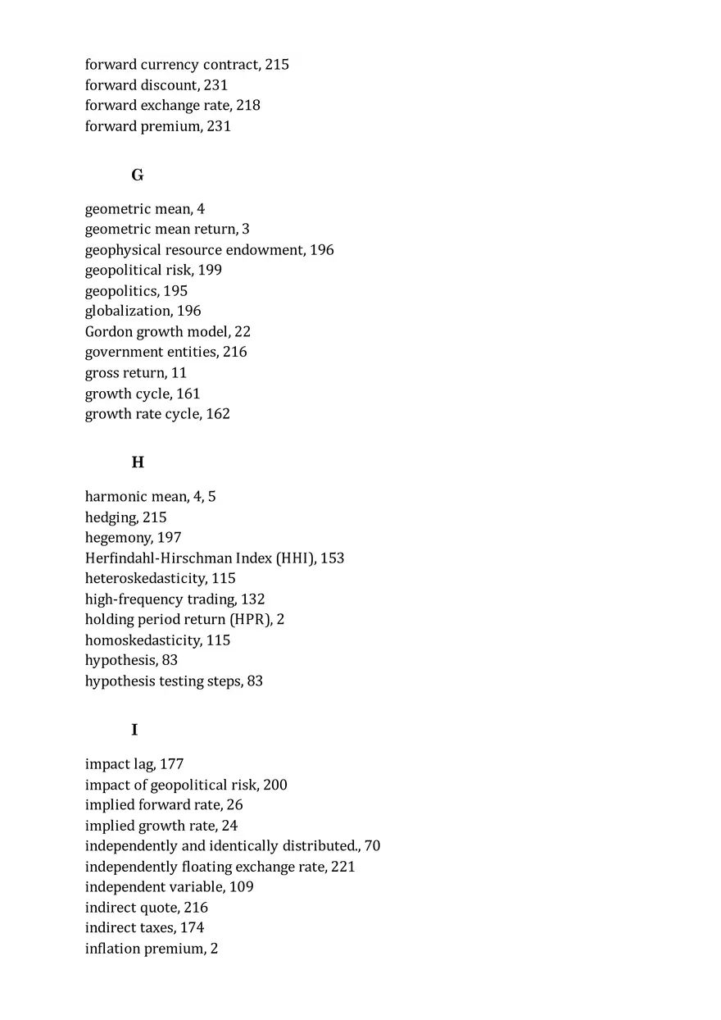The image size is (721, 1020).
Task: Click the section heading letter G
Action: (138, 175)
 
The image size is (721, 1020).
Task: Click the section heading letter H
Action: (138, 463)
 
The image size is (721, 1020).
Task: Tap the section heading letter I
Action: (134, 731)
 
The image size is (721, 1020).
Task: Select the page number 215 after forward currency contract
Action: (277, 65)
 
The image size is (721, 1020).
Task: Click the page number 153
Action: (333, 558)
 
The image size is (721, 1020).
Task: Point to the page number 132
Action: (253, 599)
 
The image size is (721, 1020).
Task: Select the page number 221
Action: (343, 867)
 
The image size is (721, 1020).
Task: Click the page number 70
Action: (373, 846)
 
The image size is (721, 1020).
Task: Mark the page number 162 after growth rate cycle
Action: (218, 414)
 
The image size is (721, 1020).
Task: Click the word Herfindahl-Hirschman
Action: (158, 558)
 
